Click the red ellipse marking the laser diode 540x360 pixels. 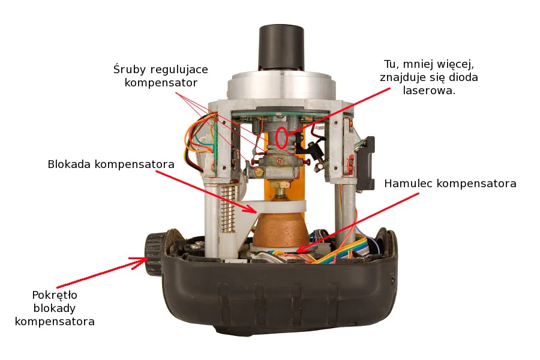coord(281,137)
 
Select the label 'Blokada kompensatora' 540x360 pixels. coord(112,164)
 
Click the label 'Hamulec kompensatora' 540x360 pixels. coord(450,183)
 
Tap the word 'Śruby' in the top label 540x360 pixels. coord(129,68)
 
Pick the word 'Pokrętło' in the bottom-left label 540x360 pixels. coord(55,295)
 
